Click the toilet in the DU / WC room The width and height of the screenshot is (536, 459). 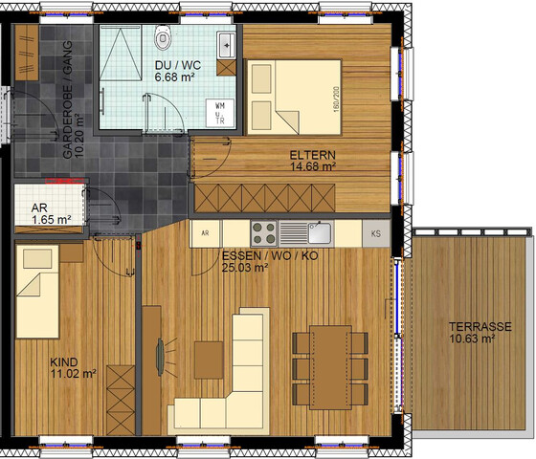coord(163,37)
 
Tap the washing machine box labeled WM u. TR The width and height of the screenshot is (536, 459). coord(220,113)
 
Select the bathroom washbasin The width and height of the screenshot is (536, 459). coord(226,45)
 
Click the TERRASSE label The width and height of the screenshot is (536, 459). coord(480,327)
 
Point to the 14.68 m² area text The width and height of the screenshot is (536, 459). coord(313,166)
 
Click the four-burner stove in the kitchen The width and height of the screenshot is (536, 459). coord(264,233)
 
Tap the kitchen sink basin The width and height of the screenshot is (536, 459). coord(320,233)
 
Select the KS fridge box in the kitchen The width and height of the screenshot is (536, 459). coord(376,233)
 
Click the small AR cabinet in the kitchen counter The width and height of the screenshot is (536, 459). coord(205,233)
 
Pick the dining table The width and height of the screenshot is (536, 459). coord(330,367)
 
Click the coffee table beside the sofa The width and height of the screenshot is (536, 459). coord(209,360)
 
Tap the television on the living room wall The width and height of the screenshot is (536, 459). coord(160,357)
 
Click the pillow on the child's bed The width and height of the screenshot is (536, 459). coord(37,258)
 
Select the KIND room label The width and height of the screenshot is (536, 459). coord(64,362)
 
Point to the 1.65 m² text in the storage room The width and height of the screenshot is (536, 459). coord(52,220)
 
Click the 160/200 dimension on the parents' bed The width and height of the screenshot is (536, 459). coord(336,99)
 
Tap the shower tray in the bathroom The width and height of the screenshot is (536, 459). coord(121,53)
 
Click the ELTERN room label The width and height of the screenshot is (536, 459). coord(313,155)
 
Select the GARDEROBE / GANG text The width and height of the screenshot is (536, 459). coord(68,99)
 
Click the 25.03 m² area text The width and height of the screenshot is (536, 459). coord(245,268)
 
